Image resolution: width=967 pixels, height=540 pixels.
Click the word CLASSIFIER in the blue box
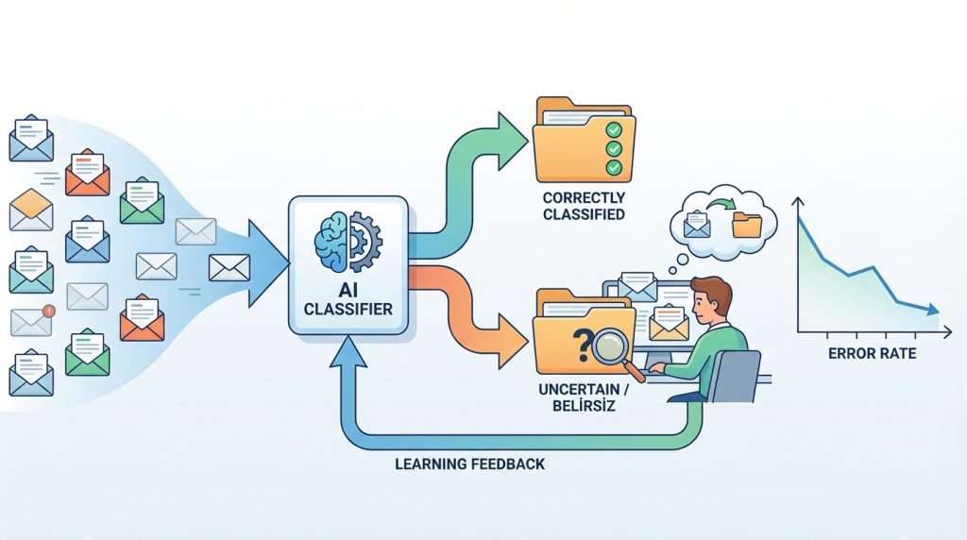click(348, 309)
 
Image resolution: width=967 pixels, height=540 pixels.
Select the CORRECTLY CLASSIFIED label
click(583, 207)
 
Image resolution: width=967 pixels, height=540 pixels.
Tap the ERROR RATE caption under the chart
click(874, 354)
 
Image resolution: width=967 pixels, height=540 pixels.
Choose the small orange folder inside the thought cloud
click(747, 225)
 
